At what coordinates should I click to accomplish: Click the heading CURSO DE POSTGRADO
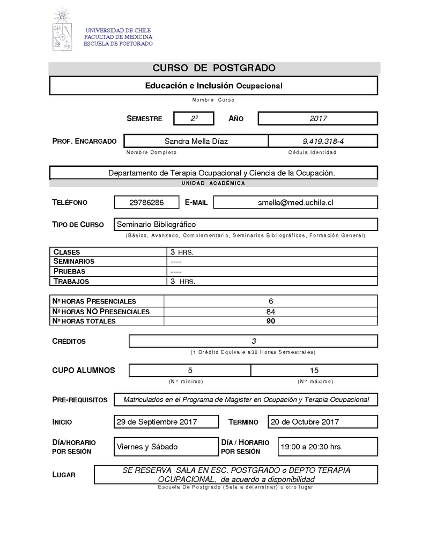pos(214,68)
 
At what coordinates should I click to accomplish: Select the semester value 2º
pos(194,119)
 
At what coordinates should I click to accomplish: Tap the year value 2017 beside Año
pos(318,119)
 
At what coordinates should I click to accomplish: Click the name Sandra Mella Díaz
pos(196,141)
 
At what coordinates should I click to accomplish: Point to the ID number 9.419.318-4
pos(322,141)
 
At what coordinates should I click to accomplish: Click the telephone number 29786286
pos(146,202)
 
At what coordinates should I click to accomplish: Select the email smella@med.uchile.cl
pos(295,202)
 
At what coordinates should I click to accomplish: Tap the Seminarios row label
pos(74,262)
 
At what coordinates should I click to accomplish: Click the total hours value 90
pos(271,321)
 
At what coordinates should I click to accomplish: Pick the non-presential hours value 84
pos(271,312)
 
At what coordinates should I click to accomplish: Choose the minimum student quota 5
pos(190,370)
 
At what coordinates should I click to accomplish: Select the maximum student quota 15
pos(314,370)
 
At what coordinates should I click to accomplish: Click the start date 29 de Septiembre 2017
pos(157,421)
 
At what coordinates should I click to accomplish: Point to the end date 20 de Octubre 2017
pos(305,421)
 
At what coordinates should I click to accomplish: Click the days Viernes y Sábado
pos(147,447)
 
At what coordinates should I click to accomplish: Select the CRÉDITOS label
pos(69,342)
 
